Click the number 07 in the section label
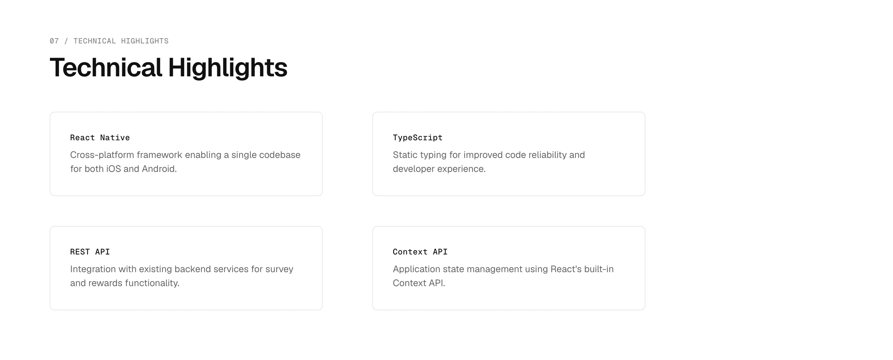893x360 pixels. click(54, 41)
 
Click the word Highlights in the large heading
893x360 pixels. click(228, 68)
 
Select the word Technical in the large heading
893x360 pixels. click(106, 67)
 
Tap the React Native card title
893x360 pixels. click(100, 138)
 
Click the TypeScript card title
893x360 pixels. click(418, 138)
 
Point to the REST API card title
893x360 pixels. click(90, 252)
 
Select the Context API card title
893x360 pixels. click(420, 252)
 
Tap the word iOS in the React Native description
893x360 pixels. click(113, 169)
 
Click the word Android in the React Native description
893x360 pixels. click(159, 169)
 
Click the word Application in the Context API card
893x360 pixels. click(417, 269)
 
